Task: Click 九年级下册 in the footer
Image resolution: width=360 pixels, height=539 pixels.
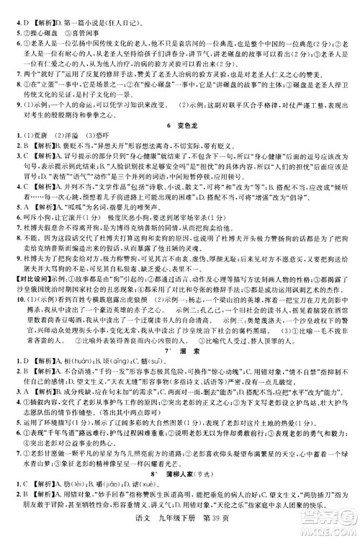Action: point(173,530)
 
